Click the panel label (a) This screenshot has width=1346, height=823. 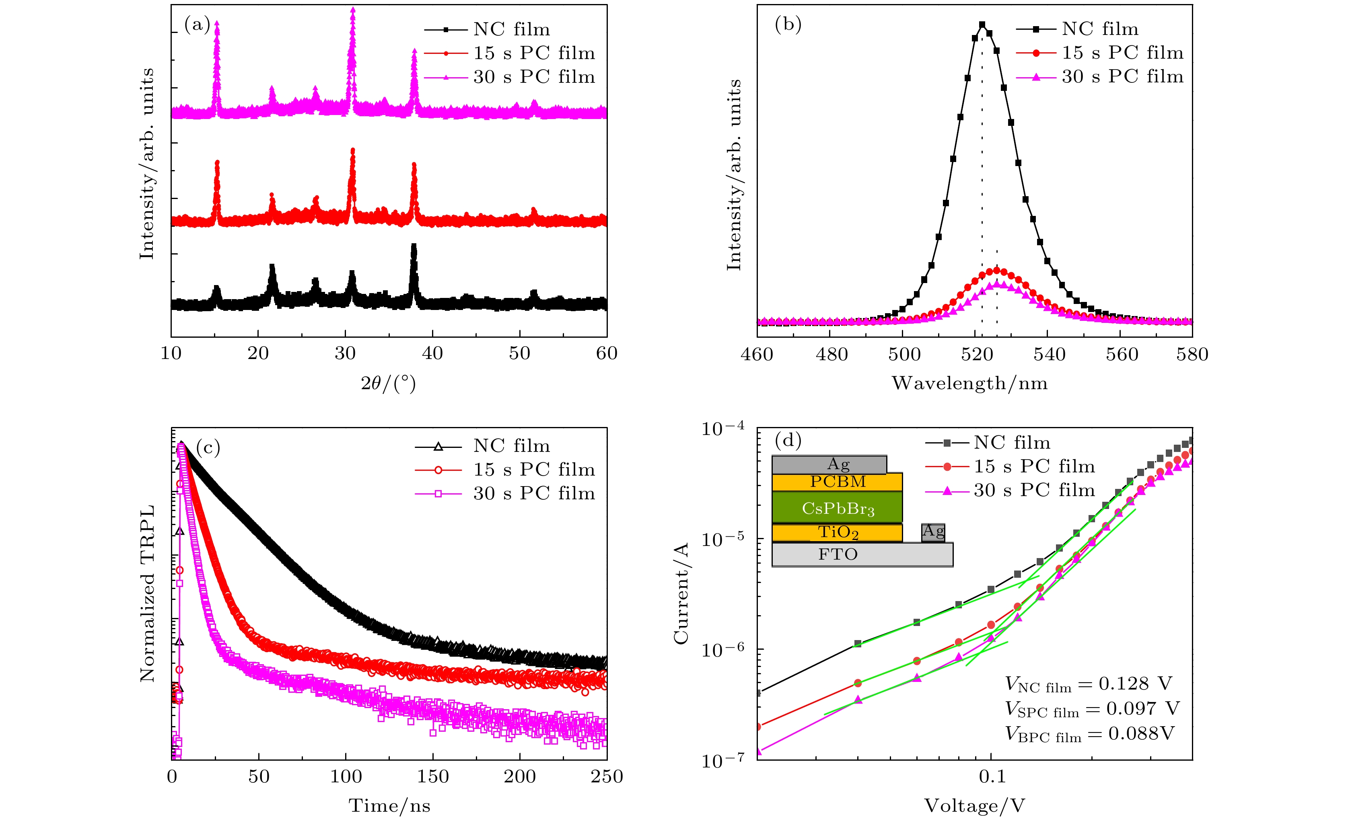pyautogui.click(x=197, y=25)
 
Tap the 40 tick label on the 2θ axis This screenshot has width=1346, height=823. pyautogui.click(x=432, y=353)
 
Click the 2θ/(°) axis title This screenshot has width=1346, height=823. pyautogui.click(x=389, y=384)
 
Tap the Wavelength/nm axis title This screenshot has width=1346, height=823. pyautogui.click(x=969, y=384)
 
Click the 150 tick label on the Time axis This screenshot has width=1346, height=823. pyautogui.click(x=433, y=777)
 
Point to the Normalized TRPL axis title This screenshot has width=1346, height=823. pyautogui.click(x=148, y=594)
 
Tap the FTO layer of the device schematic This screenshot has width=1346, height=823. pyautogui.click(x=838, y=555)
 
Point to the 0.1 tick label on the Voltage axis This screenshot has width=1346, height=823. pyautogui.click(x=992, y=777)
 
